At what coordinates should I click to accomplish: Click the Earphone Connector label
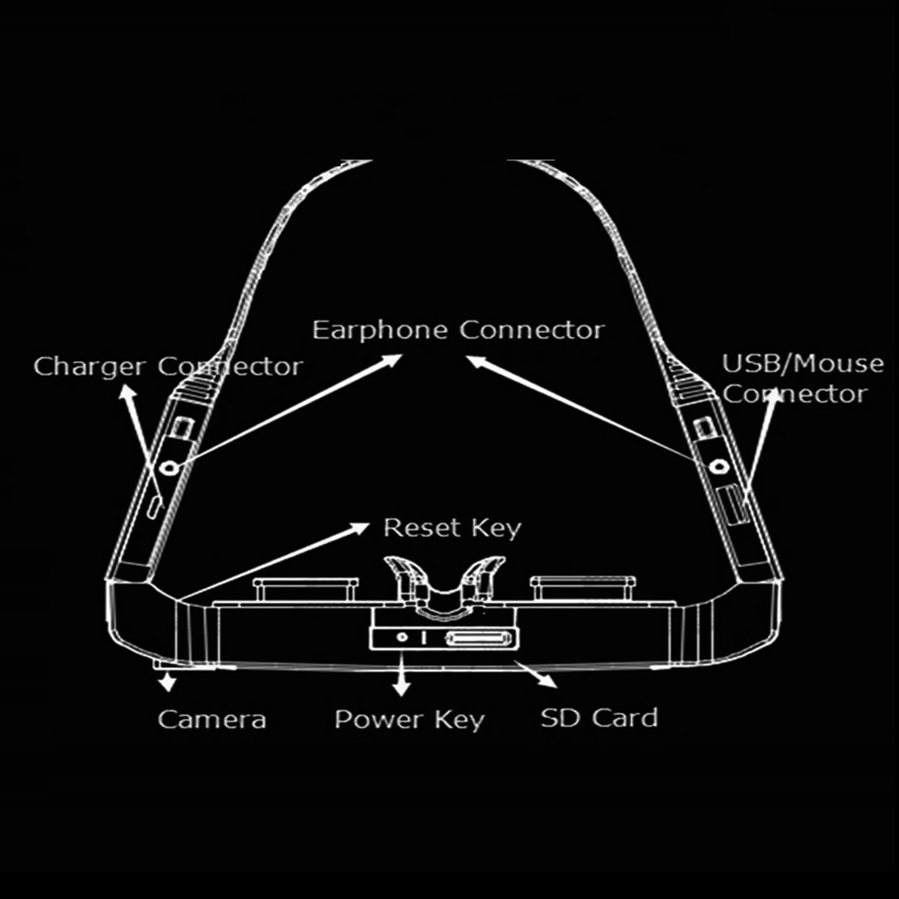pyautogui.click(x=458, y=331)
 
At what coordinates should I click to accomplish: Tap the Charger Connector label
pyautogui.click(x=168, y=367)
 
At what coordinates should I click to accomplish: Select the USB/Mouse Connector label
pyautogui.click(x=803, y=378)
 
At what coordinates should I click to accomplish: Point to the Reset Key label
pyautogui.click(x=452, y=528)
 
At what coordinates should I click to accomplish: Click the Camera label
pyautogui.click(x=212, y=719)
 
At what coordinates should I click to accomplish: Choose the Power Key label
pyautogui.click(x=409, y=720)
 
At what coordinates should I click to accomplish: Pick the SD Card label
pyautogui.click(x=599, y=717)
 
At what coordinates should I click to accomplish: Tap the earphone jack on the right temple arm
pyautogui.click(x=718, y=466)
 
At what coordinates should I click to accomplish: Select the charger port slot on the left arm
pyautogui.click(x=154, y=507)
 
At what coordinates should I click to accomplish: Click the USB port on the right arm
pyautogui.click(x=734, y=504)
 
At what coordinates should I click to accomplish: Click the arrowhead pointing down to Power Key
pyautogui.click(x=402, y=689)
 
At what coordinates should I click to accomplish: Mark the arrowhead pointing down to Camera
pyautogui.click(x=167, y=684)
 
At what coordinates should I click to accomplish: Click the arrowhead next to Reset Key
pyautogui.click(x=360, y=528)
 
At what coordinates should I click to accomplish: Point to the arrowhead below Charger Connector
pyautogui.click(x=128, y=392)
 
